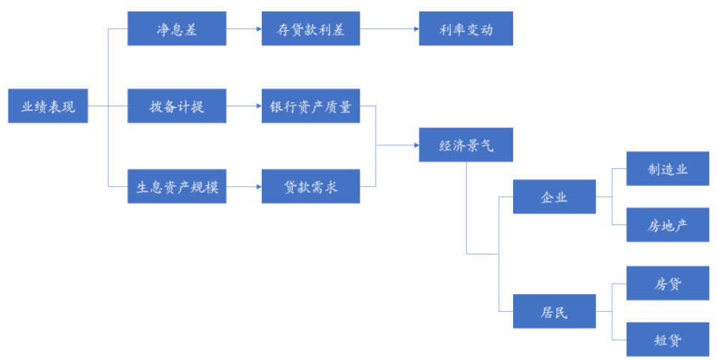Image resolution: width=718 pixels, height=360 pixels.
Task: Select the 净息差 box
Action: tap(176, 28)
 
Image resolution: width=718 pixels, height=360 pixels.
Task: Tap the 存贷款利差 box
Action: tap(311, 28)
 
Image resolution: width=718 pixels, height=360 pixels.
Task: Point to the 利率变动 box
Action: tap(466, 28)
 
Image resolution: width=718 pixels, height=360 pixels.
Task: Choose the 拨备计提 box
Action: tap(176, 106)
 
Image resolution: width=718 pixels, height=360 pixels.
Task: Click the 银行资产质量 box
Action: tap(311, 106)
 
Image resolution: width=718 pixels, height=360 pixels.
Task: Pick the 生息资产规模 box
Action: tap(176, 187)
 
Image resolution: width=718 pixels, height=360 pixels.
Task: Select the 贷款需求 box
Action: tap(311, 187)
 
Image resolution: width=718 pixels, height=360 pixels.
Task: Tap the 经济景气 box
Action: tap(466, 145)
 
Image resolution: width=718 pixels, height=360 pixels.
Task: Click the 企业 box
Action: tap(554, 196)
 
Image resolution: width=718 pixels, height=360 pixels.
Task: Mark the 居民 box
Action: tap(554, 311)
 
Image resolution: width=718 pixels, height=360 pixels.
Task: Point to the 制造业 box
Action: tap(668, 169)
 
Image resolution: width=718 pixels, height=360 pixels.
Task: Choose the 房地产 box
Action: tap(668, 225)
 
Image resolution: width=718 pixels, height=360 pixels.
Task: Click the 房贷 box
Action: tap(668, 283)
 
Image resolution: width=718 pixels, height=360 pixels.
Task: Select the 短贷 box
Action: tap(668, 340)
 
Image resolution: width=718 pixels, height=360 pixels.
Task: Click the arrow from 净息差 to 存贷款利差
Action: tap(244, 28)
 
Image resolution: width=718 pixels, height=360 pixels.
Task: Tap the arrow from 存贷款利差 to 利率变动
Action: tap(389, 28)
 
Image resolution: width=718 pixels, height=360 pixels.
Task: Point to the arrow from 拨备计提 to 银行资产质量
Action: tap(244, 106)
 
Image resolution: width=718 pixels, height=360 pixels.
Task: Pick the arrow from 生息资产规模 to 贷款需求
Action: tap(244, 187)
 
